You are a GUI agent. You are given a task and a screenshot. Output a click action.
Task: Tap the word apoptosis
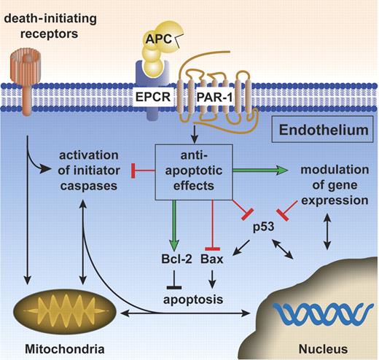pyautogui.click(x=194, y=297)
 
